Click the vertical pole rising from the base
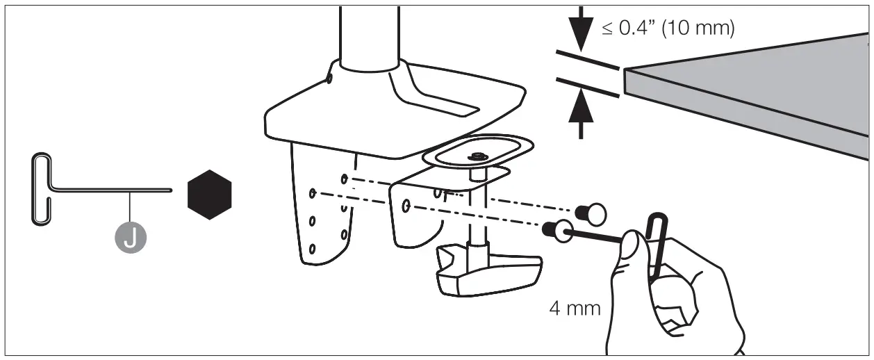tap(369, 35)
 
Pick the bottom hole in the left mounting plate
tap(313, 247)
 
